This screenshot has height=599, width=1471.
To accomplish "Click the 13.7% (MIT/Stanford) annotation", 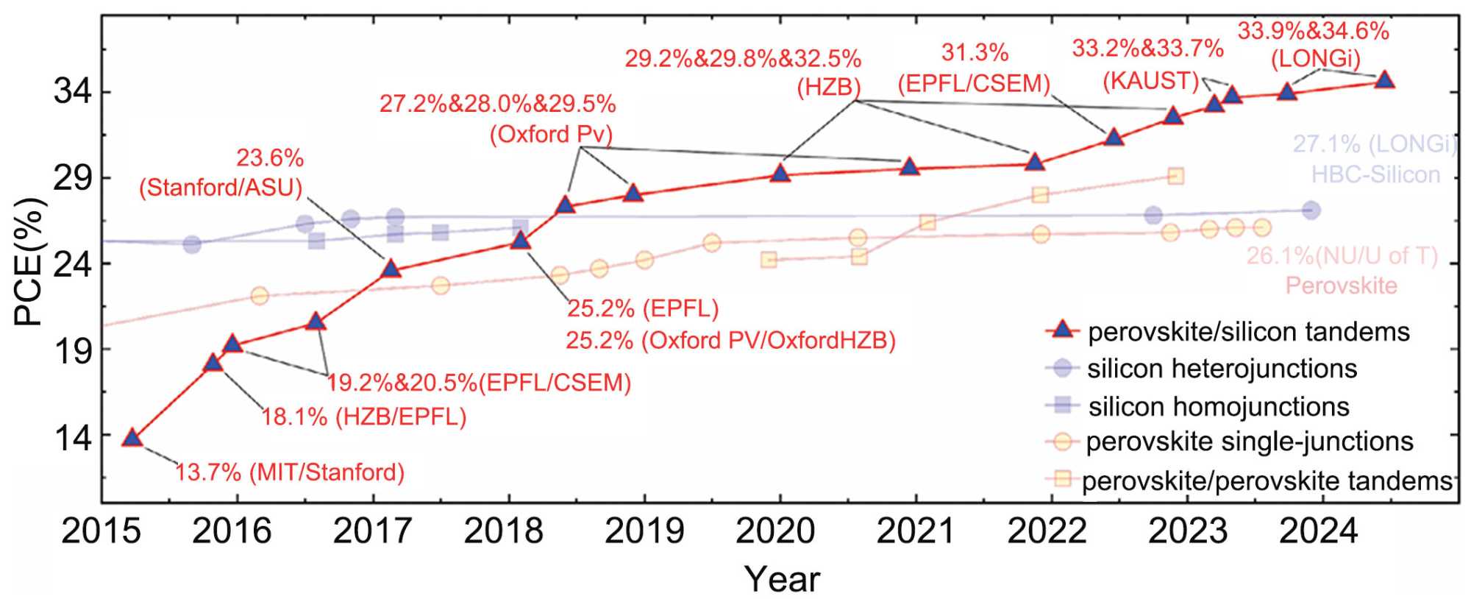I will (290, 472).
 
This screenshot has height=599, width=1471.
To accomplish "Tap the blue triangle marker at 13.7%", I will (132, 438).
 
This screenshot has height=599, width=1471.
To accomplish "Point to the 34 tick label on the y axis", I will (74, 93).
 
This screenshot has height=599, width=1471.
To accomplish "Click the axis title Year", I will (782, 579).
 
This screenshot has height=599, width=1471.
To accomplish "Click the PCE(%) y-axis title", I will (29, 261).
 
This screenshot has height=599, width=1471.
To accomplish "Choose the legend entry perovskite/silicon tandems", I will (1248, 332).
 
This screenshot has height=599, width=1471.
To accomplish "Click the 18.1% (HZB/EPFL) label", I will (364, 417).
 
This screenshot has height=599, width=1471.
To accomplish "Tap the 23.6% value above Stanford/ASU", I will (270, 158).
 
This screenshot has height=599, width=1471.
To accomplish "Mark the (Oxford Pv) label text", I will (552, 135).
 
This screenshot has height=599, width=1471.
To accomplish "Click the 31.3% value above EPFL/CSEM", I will (975, 53).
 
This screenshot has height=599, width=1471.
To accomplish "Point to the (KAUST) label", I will (1151, 81).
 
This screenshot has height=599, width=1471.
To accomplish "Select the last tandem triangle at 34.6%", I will (1384, 80).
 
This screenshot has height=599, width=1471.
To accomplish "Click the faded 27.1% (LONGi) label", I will (1374, 145).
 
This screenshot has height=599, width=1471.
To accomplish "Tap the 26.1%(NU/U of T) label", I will (1342, 256).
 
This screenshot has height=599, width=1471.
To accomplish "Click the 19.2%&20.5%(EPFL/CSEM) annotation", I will (479, 383).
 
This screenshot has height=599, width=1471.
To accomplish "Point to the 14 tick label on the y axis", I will (74, 439).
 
